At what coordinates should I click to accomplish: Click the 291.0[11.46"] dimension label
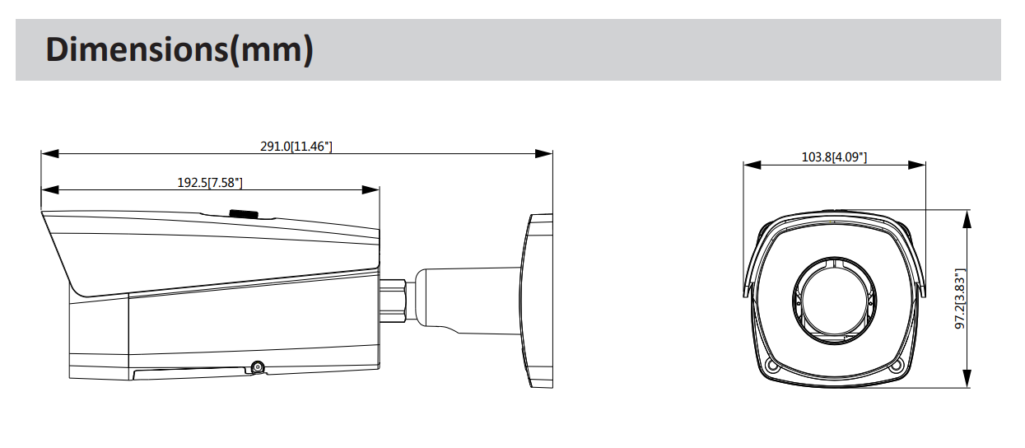coord(296,147)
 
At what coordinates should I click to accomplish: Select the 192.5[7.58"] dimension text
coord(210,183)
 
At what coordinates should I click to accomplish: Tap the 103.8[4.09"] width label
coord(834,157)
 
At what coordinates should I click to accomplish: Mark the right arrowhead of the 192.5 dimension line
coord(371,189)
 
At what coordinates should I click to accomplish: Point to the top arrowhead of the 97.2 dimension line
coord(968,217)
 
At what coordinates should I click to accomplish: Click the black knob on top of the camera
coord(244,213)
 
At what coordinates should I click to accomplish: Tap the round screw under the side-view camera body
coord(258,367)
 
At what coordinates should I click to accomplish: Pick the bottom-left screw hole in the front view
coord(771,366)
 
